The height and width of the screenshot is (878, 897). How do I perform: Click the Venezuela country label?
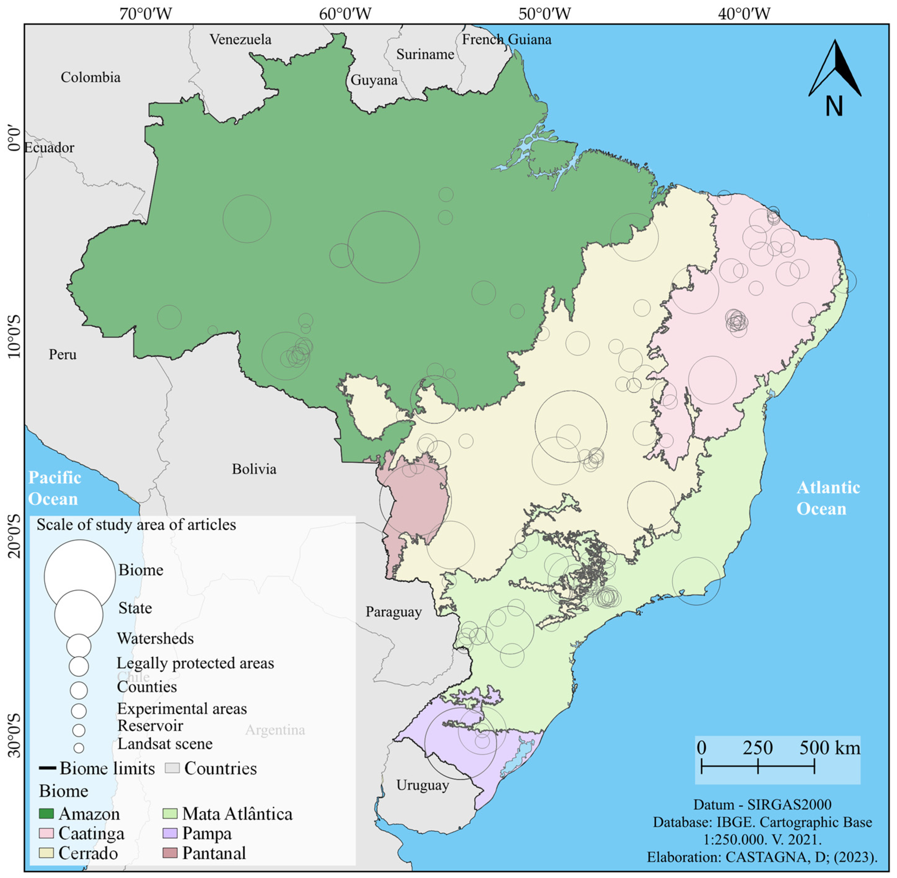[240, 40]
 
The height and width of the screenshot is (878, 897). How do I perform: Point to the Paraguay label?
[394, 612]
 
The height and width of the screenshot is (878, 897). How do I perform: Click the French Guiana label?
[506, 40]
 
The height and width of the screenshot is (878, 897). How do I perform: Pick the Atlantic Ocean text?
[828, 498]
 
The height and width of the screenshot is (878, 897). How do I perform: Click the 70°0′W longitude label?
[145, 14]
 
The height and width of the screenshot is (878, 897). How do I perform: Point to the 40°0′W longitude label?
[744, 14]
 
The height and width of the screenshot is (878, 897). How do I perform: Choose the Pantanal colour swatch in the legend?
[170, 853]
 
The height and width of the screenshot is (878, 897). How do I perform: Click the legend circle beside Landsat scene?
[79, 748]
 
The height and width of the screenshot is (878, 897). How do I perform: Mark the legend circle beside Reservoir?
[79, 731]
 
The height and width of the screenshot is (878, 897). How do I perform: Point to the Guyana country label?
[374, 80]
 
